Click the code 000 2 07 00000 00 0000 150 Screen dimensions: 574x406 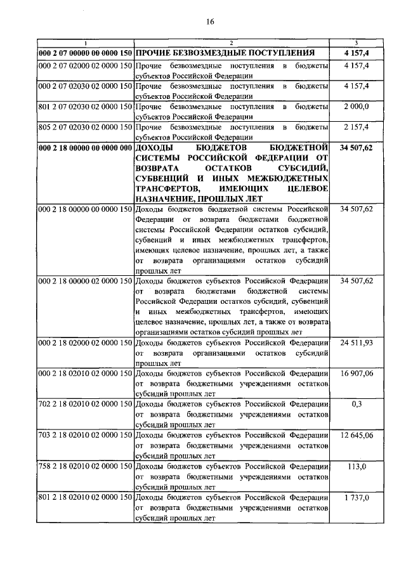(85, 52)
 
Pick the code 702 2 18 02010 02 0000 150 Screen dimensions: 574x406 (85, 403)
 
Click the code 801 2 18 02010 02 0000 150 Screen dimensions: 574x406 (85, 497)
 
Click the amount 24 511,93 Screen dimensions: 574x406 (356, 342)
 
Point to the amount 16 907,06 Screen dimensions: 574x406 (356, 373)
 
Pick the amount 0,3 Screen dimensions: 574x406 (356, 403)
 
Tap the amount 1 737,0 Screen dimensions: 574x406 (356, 497)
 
